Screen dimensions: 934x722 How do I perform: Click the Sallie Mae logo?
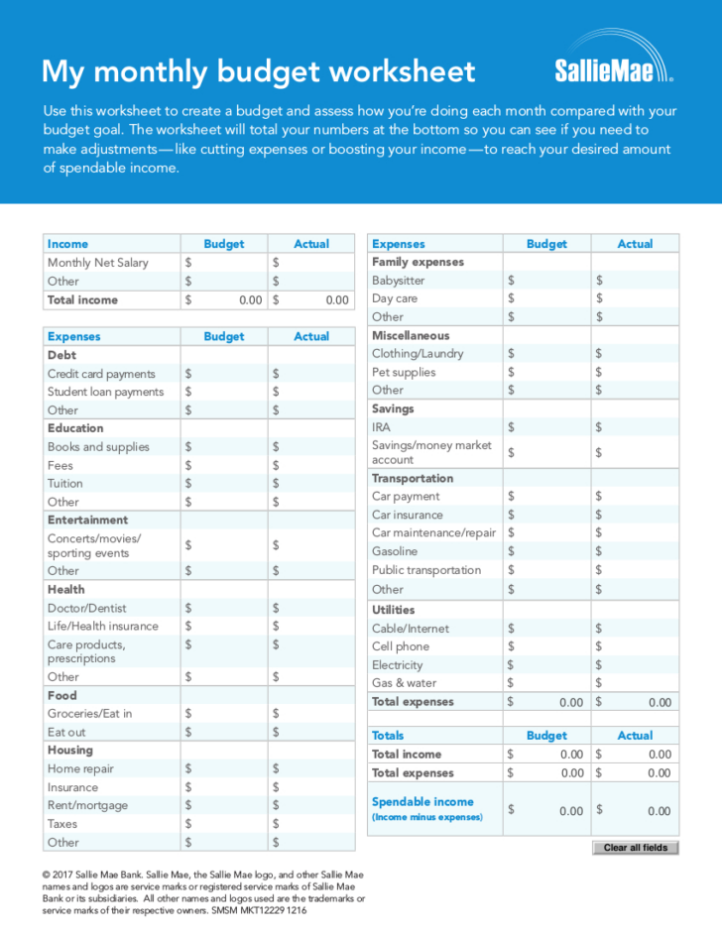tap(613, 65)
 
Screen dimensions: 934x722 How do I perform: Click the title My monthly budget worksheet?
tap(258, 71)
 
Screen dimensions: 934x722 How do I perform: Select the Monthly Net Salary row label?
tap(98, 263)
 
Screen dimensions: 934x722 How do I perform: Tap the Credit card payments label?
tap(101, 374)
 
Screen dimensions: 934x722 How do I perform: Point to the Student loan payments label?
tap(105, 392)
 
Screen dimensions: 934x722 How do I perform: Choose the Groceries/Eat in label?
tap(89, 714)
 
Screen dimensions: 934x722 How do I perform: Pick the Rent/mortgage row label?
tap(87, 806)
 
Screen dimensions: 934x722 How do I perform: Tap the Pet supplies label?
tap(404, 372)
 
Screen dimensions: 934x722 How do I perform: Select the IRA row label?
tap(381, 427)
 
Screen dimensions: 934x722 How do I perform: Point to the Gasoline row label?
tap(395, 551)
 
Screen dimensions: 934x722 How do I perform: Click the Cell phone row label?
tap(401, 646)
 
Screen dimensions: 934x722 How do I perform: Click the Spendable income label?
tap(422, 802)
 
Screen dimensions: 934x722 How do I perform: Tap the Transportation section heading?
tap(413, 478)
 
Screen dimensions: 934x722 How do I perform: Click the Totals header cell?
tap(388, 736)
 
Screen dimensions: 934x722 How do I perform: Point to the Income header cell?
tap(67, 244)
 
